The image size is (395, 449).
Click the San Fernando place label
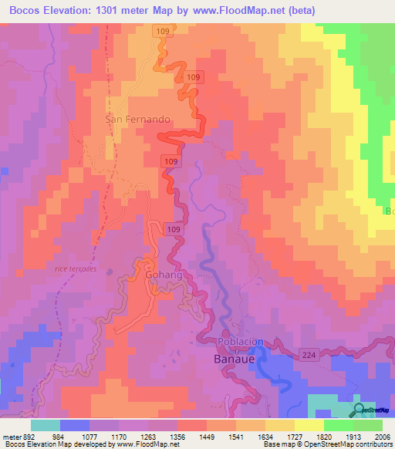tap(137, 120)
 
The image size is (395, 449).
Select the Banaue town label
tap(235, 360)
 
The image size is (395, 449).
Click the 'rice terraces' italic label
tap(76, 268)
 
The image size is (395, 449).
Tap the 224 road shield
tap(308, 353)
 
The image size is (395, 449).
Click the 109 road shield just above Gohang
tap(174, 230)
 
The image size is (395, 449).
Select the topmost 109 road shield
tap(161, 31)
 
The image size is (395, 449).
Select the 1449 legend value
tap(206, 434)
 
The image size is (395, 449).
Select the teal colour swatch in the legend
tap(46, 424)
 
